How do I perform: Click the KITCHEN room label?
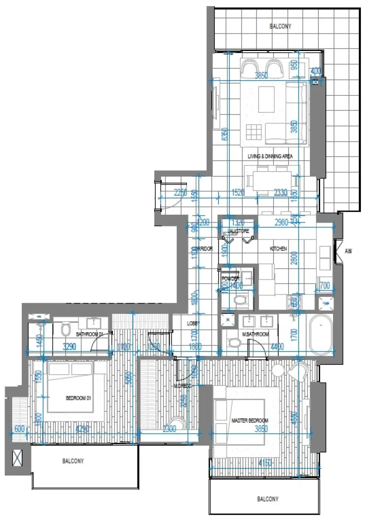pos(278,249)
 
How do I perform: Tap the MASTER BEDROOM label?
pos(249,420)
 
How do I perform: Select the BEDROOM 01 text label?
pos(78,398)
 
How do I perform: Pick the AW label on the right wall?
pos(349,251)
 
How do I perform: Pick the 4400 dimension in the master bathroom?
pos(277,346)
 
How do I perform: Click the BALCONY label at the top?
pos(280,26)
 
